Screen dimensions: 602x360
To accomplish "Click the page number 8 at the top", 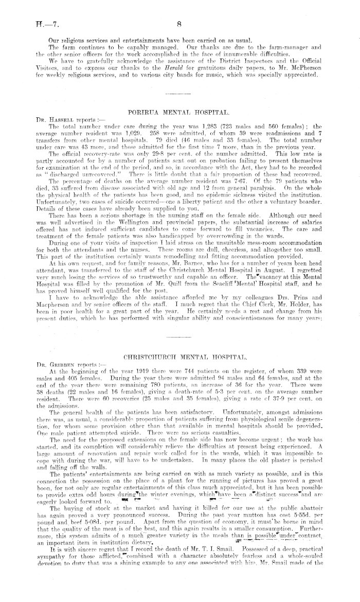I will coord(180,23).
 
